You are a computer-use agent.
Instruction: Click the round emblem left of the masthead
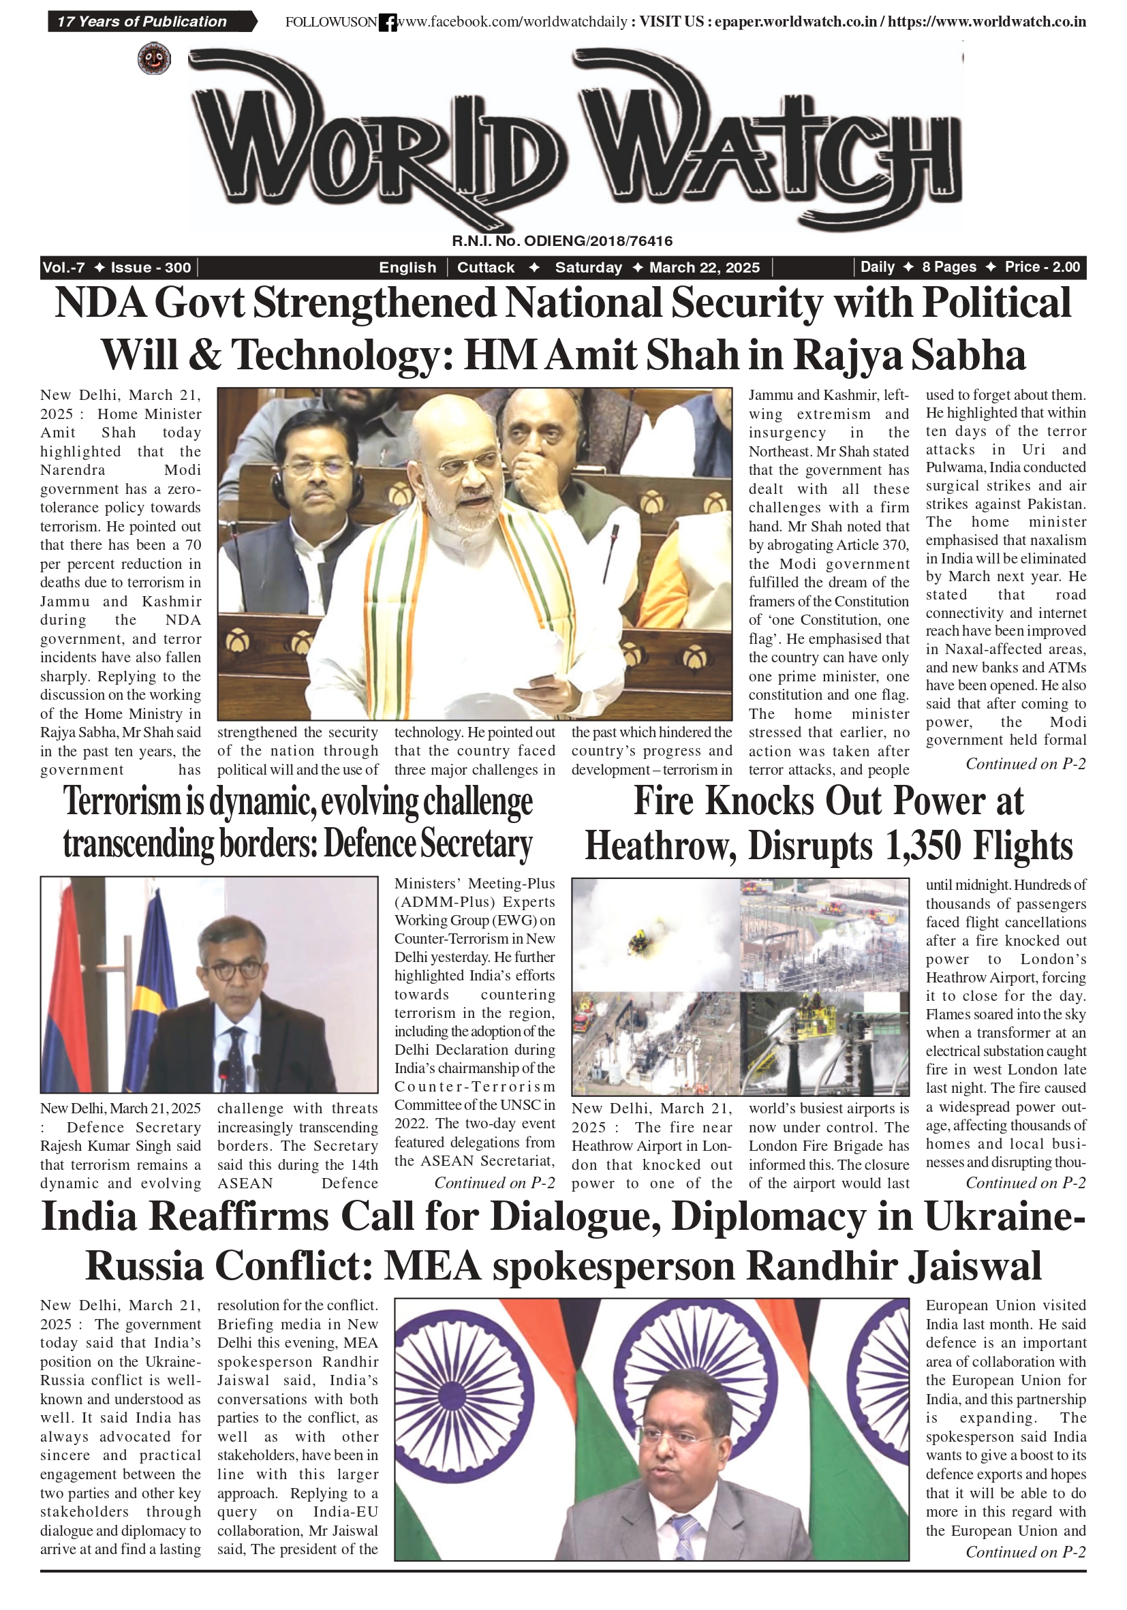154,59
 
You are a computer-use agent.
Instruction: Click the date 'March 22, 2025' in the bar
704,267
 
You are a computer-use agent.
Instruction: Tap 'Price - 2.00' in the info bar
1042,266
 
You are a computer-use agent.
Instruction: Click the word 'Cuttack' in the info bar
485,267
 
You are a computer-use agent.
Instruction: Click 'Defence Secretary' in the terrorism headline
428,843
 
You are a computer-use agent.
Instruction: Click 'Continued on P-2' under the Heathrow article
1025,1183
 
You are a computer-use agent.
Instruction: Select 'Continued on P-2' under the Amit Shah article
1025,764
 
